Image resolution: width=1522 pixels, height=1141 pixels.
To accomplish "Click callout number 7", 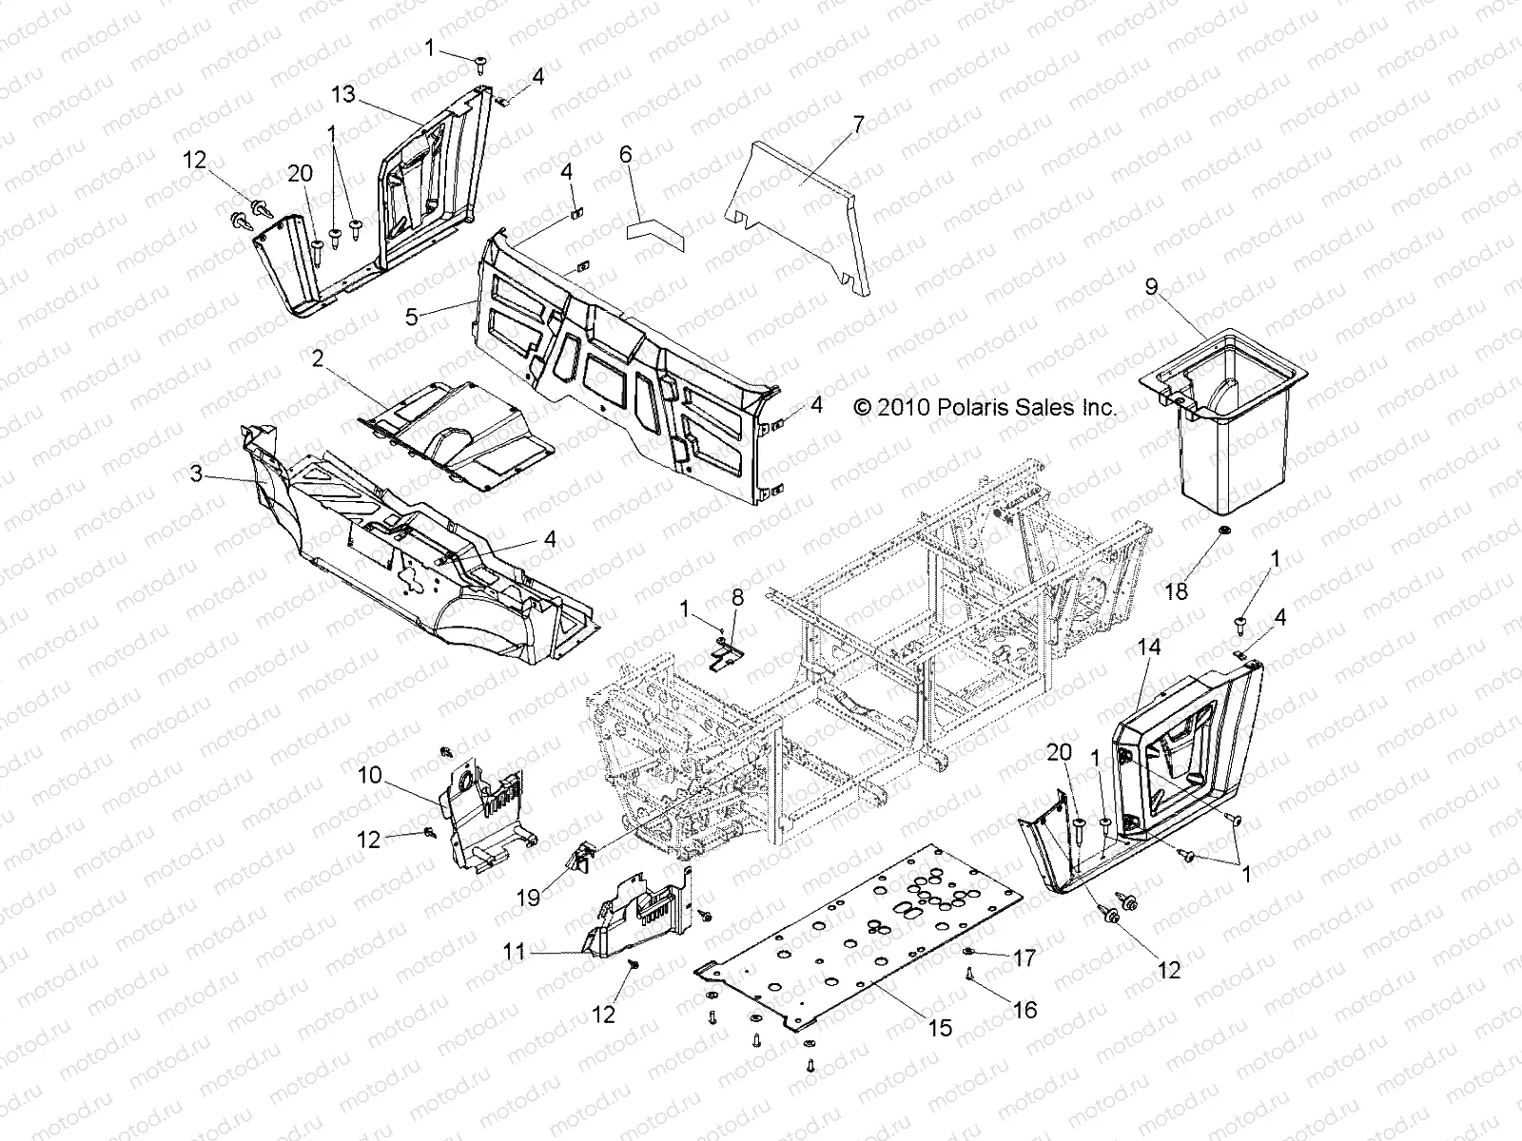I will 858,122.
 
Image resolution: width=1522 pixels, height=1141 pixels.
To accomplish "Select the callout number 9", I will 1151,287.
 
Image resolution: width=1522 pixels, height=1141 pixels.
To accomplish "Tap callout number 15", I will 940,1030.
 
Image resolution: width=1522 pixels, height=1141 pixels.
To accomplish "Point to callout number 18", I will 1176,592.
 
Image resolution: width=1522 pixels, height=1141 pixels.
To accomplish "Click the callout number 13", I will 343,93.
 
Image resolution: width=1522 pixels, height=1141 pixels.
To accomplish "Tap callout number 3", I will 196,473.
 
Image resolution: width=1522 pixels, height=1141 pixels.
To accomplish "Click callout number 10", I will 369,775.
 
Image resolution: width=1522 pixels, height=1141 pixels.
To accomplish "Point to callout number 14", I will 1148,648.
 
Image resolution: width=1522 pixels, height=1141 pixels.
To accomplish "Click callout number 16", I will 1025,1010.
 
